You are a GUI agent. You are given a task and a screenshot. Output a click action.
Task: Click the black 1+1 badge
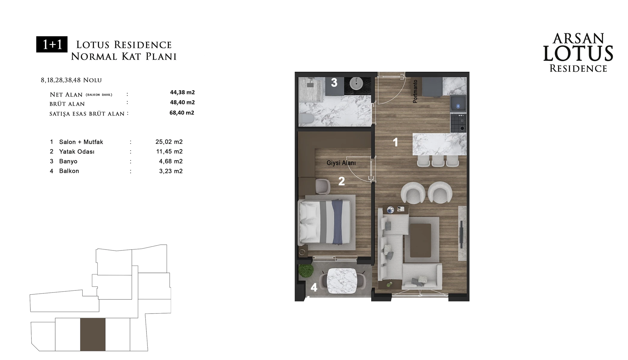(x=52, y=44)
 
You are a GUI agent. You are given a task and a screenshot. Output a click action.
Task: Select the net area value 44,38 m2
(x=183, y=92)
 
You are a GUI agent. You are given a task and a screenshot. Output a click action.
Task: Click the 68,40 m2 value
(x=182, y=113)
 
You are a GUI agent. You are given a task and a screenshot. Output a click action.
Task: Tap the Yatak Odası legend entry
(x=77, y=152)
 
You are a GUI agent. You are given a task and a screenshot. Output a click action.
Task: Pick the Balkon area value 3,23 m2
(x=171, y=171)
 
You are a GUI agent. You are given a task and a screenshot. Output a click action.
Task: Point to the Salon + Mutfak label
(x=81, y=142)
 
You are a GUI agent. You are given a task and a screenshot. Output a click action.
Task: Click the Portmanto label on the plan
(x=415, y=91)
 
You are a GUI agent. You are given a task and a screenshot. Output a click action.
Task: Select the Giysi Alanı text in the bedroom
(x=341, y=163)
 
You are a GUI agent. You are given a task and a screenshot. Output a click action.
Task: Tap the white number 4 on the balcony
(x=314, y=288)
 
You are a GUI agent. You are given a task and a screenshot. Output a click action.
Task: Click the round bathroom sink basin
(x=356, y=84)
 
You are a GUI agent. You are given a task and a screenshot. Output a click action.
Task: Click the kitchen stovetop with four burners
(x=458, y=123)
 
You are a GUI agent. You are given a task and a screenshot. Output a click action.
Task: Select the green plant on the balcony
(x=306, y=271)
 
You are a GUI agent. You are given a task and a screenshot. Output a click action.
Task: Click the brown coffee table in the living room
(x=421, y=240)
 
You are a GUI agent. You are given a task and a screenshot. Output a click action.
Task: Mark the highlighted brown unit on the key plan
(x=93, y=334)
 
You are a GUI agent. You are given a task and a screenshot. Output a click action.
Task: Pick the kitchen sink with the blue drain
(x=458, y=104)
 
